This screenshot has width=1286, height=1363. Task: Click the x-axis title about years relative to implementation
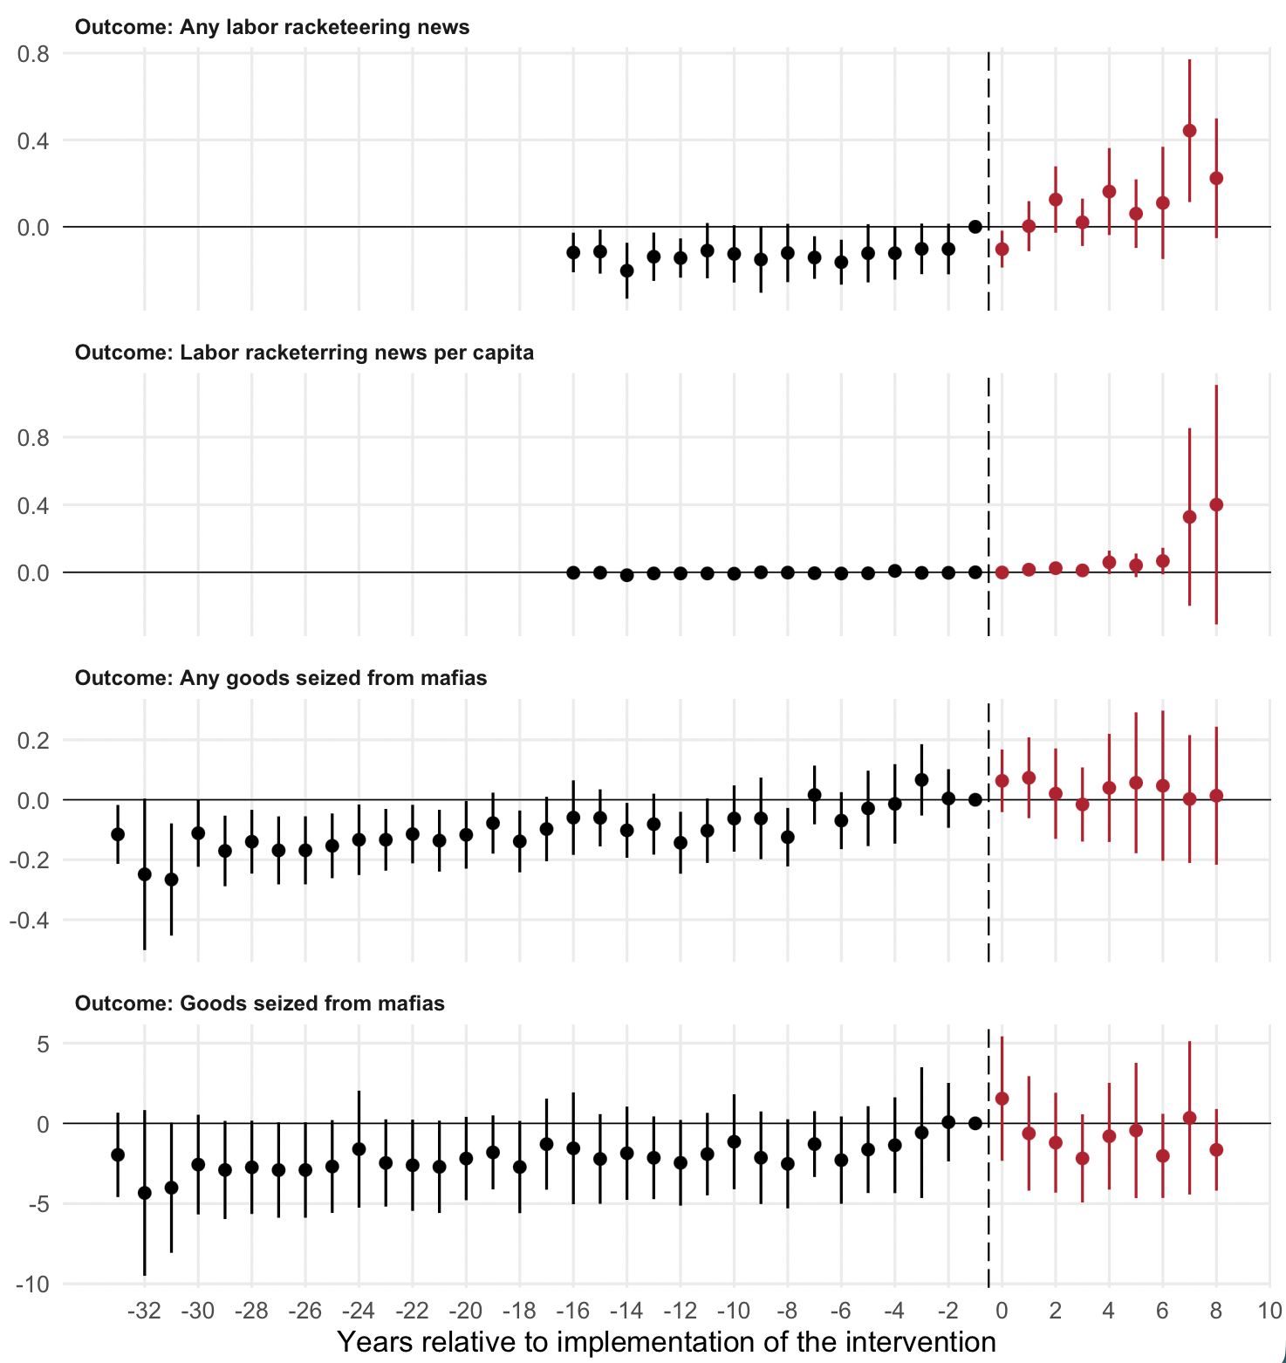pos(667,1341)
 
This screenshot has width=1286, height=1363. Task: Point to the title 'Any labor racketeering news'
pos(272,27)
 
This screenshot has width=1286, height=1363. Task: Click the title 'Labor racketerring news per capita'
pos(304,353)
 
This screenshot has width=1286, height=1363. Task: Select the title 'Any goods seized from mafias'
pos(281,678)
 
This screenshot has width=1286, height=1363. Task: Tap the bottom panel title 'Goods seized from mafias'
pos(260,1003)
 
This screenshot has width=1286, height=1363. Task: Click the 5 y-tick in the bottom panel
pos(43,1044)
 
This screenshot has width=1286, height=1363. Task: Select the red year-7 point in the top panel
pos(1189,131)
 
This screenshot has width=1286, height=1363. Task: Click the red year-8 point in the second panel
pos(1216,504)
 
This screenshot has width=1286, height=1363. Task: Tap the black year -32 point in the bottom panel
pos(145,1193)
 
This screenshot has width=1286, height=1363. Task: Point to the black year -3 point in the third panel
pos(921,779)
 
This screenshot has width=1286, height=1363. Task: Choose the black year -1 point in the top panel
pos(975,227)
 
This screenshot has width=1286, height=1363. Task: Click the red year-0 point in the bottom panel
pos(1002,1099)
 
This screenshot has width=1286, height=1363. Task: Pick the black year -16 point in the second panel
pos(573,572)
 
